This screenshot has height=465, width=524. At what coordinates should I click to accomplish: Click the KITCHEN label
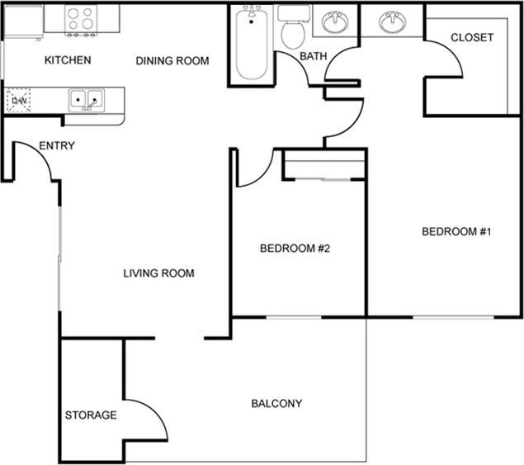68,60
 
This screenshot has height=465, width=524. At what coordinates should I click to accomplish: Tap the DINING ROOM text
172,60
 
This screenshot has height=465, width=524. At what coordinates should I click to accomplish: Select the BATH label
313,56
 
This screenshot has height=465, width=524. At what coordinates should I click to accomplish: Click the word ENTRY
57,146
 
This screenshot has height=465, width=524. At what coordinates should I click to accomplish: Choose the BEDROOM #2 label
295,249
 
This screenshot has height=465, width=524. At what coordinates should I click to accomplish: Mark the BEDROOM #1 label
456,232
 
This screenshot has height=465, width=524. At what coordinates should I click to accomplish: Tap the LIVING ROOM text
158,273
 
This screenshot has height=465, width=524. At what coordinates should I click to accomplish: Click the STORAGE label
91,415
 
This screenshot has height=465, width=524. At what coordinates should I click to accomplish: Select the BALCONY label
276,404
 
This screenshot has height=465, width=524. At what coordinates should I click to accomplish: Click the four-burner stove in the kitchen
81,20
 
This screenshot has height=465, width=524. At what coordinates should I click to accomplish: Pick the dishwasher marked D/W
18,101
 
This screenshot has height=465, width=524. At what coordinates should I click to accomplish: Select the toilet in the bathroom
292,29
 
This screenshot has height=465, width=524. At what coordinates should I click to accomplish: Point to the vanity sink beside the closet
391,22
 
